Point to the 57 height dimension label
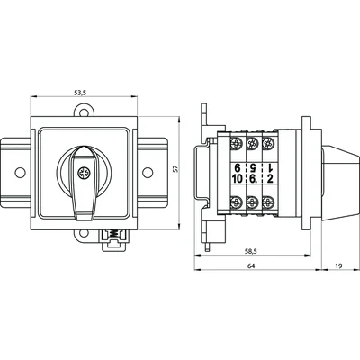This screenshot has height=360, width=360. click(188, 170)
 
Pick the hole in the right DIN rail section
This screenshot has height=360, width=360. click(145, 175)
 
